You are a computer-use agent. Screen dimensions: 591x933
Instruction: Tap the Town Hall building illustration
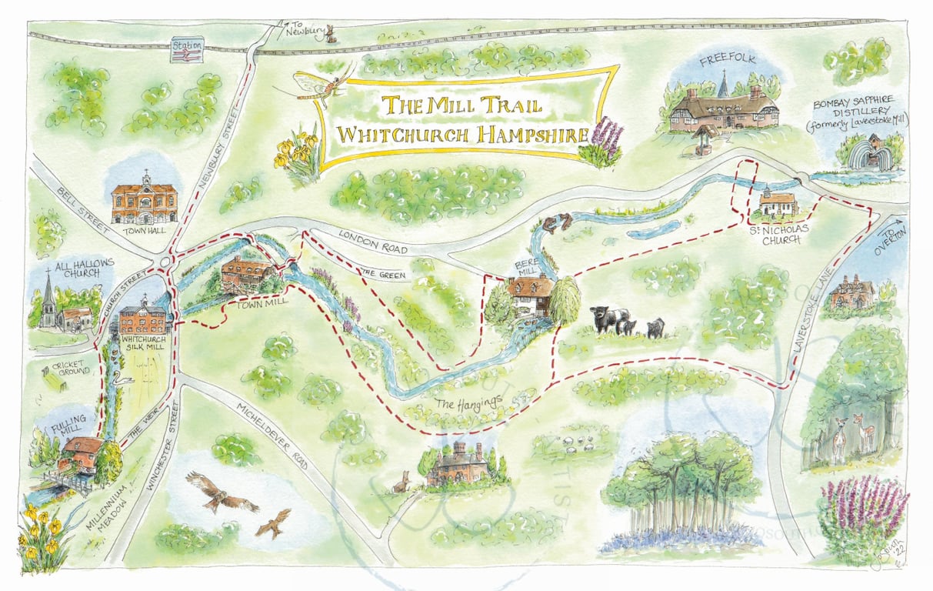click(145, 202)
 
